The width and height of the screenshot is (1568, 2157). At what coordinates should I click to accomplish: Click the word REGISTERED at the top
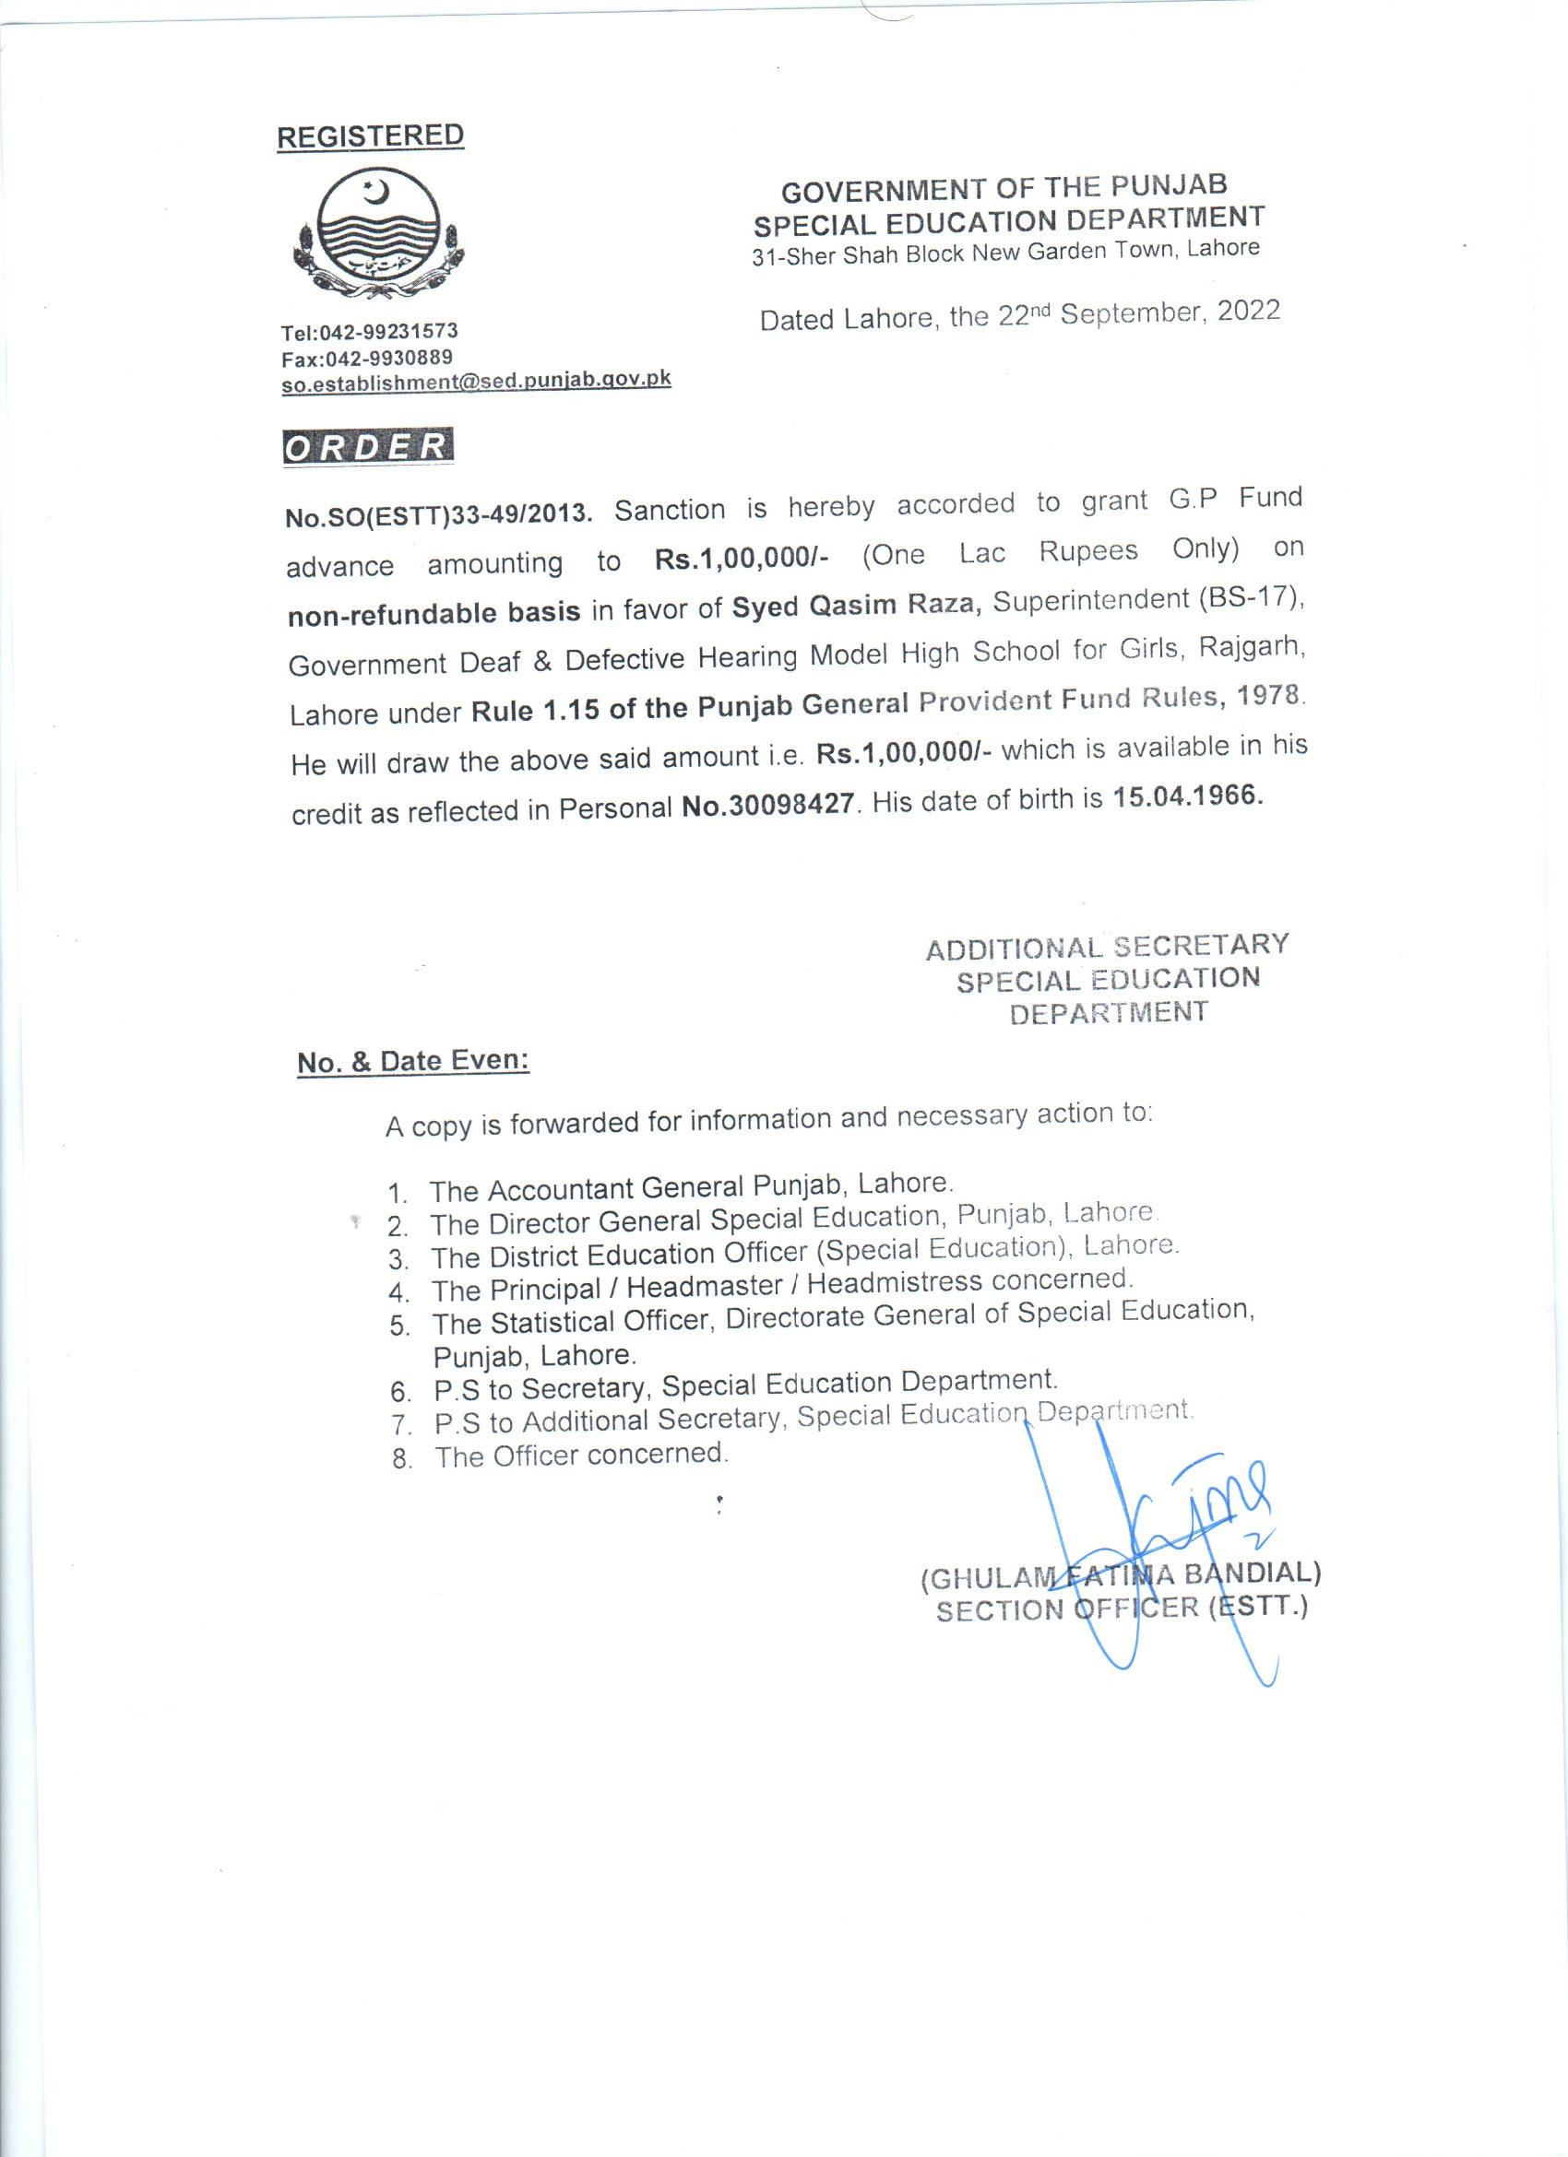(x=370, y=136)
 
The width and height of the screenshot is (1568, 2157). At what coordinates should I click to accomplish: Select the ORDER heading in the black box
(x=367, y=447)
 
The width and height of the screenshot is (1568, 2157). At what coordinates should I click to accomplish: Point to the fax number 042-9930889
(x=387, y=358)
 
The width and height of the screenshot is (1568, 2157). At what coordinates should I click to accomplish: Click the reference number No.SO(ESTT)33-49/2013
(x=440, y=514)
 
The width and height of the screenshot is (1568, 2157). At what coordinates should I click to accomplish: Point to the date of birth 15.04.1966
(x=1188, y=797)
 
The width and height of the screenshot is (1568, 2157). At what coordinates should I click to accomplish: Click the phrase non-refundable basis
(x=434, y=612)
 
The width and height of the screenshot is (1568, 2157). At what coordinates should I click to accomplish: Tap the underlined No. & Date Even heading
(x=413, y=1060)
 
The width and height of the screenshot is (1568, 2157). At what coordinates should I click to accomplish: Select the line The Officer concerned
(x=581, y=1455)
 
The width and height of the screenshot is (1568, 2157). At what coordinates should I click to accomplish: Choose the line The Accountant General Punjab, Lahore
(x=691, y=1187)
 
